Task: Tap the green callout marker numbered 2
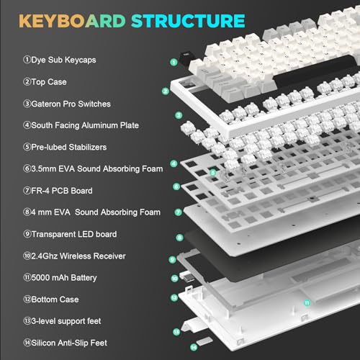165,91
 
